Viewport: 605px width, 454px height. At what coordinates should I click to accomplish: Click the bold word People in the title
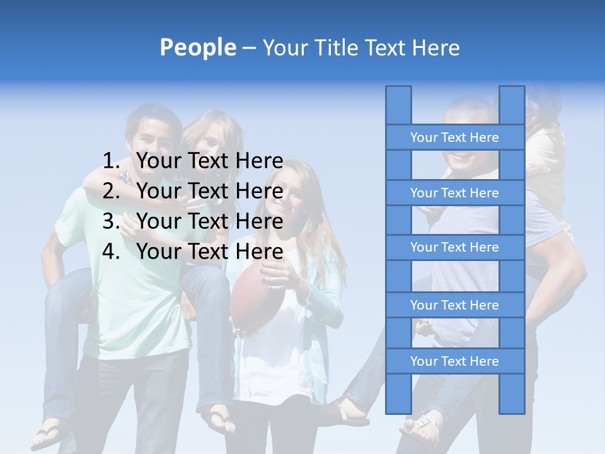pos(197,47)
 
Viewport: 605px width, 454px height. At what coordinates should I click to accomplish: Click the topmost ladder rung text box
pos(454,137)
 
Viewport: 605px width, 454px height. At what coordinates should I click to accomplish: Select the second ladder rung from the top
pos(454,193)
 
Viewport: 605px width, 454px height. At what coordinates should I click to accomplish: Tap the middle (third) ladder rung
pos(454,247)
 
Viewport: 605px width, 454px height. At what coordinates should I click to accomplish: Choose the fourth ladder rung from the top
pos(454,305)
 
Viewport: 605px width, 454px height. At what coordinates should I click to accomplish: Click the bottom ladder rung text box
pos(454,361)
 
